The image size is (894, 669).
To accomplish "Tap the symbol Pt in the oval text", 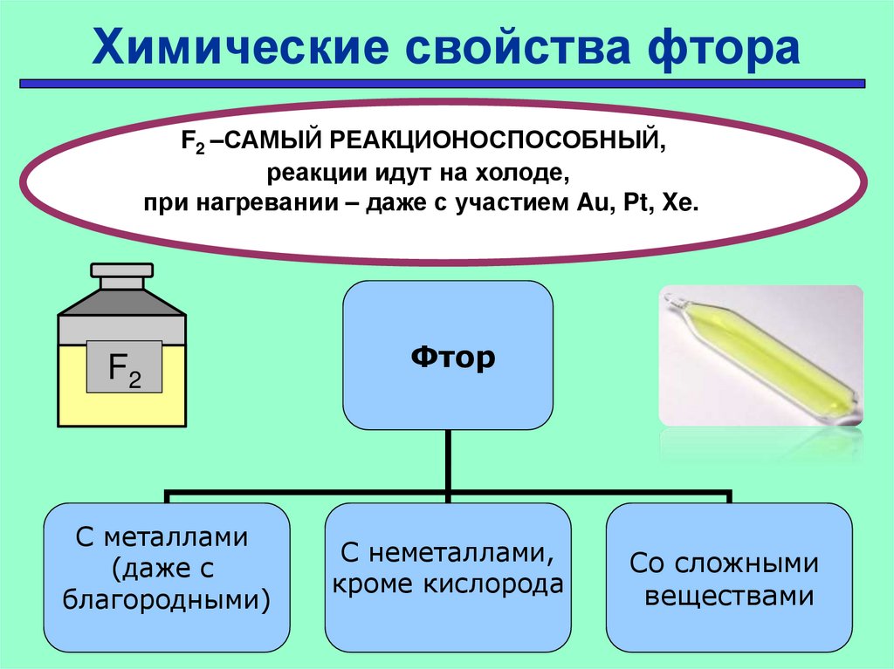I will pyautogui.click(x=635, y=203).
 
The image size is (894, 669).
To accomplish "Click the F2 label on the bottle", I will pyautogui.click(x=124, y=367).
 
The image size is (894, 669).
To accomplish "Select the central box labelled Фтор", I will pyautogui.click(x=447, y=355).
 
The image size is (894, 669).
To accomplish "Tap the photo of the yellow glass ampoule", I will pyautogui.click(x=760, y=355).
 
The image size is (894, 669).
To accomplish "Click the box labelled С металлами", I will pyautogui.click(x=168, y=576).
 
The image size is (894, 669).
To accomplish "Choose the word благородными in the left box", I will pyautogui.click(x=168, y=599).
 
